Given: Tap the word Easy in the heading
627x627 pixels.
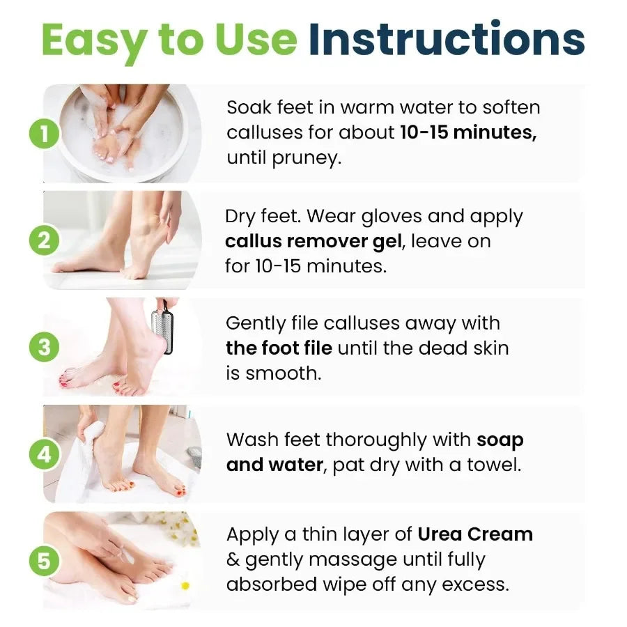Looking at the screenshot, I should coord(95,40).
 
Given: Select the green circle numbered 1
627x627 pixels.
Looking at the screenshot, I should coord(45,133).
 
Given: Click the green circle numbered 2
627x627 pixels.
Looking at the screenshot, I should coord(45,241).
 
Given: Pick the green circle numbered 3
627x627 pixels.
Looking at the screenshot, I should coord(45,347).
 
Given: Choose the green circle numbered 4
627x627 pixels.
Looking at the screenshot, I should coord(45,454).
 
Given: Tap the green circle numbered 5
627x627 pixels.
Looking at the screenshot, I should coord(45,561).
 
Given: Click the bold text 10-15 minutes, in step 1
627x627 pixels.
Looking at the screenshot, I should coord(468,132).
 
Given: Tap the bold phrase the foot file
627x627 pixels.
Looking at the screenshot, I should coord(279,348).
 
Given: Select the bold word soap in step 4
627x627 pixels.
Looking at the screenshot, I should coord(500,440).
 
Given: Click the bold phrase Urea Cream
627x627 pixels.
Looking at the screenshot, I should coord(475,534).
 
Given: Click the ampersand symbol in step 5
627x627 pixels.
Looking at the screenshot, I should coord(233,559).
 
